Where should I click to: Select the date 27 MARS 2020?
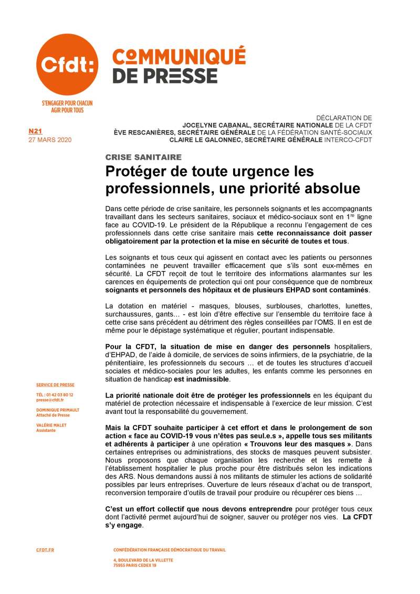(50, 140)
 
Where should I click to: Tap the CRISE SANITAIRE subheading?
(143, 157)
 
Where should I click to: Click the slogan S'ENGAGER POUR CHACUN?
(67, 104)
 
